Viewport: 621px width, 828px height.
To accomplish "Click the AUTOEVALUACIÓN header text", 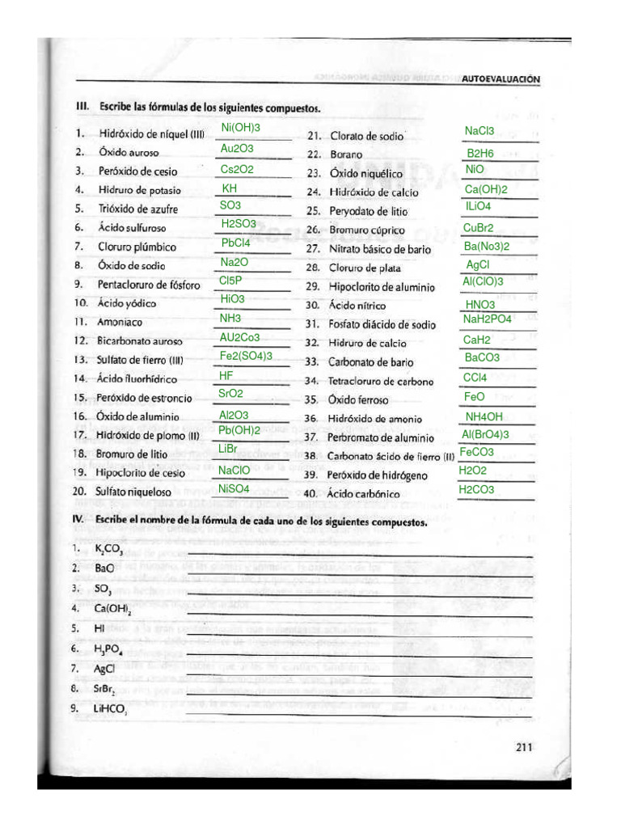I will point(500,79).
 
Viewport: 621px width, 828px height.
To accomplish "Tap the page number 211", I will point(525,748).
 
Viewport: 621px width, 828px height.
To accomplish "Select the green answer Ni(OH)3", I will point(241,128).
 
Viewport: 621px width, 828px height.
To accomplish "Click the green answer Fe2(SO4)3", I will point(246,356).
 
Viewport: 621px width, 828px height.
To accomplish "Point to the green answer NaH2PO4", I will point(488,319).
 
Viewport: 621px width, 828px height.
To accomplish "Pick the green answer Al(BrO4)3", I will point(485,434).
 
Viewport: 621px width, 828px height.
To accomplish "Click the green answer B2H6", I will point(480,153).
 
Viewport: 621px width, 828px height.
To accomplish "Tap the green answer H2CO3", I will point(476,489).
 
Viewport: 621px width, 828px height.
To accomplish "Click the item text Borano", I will point(346,154).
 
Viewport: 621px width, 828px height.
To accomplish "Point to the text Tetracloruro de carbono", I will point(380,382).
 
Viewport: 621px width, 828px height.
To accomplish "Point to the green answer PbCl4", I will point(236,242).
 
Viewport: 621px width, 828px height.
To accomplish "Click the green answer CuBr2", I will point(479,228).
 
